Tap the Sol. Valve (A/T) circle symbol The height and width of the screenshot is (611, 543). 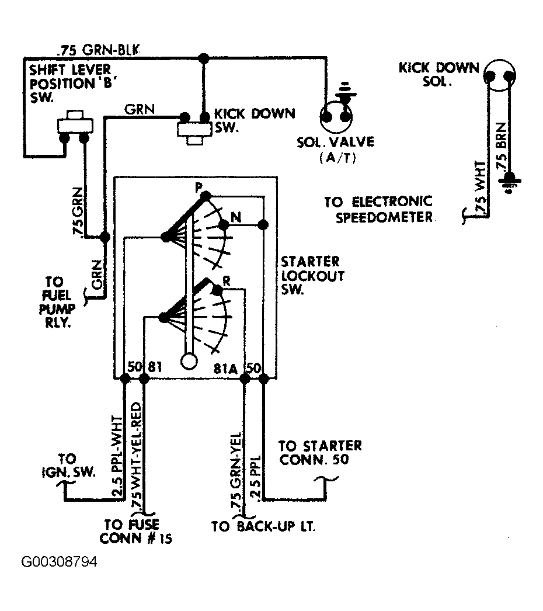point(336,116)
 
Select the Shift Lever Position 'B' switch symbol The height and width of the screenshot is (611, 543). point(75,126)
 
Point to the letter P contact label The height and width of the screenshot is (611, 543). point(199,188)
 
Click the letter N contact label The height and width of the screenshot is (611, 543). point(236,217)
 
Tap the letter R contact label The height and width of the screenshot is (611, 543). point(227,281)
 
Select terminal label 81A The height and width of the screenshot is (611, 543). point(225,368)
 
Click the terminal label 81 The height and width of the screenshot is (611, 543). point(155,367)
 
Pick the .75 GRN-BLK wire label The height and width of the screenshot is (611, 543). point(98,50)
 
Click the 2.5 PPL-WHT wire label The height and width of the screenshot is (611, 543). point(117,456)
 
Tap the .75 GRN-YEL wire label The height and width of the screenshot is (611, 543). point(236,471)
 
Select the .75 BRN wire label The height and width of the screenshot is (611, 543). point(502,147)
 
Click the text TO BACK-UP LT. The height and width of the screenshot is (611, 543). point(263,526)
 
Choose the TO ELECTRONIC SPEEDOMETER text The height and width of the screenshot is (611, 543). point(378,209)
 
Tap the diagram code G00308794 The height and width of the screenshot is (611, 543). point(59,562)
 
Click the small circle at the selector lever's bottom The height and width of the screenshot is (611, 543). point(189,361)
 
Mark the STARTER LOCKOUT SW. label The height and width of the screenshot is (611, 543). point(312,275)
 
